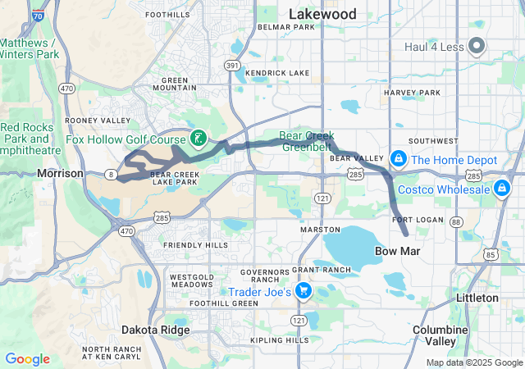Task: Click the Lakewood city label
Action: click(322, 14)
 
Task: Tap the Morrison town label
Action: click(60, 174)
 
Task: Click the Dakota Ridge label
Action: click(156, 330)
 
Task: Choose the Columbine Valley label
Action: click(440, 335)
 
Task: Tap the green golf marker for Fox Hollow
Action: click(198, 138)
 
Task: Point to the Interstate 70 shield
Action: click(35, 14)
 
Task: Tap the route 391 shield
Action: click(232, 66)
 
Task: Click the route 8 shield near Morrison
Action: click(111, 173)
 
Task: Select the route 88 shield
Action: click(457, 222)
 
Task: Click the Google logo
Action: click(27, 359)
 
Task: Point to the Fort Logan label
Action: click(418, 220)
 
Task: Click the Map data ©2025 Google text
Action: click(473, 362)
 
